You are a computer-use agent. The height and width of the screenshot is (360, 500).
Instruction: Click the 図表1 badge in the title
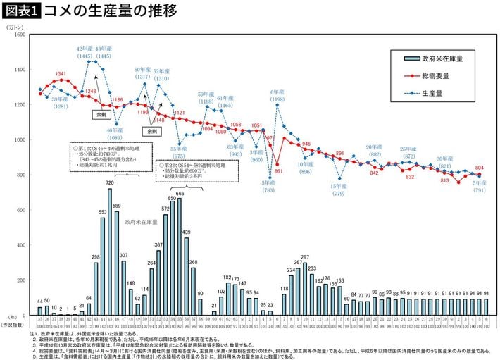coord(21,11)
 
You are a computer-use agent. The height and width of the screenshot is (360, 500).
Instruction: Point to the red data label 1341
coord(61,73)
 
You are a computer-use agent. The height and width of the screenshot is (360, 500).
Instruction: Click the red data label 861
coord(278,171)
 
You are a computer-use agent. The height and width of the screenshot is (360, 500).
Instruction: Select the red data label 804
coord(480,168)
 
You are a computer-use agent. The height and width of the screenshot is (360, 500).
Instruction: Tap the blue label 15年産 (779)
coord(339,190)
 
